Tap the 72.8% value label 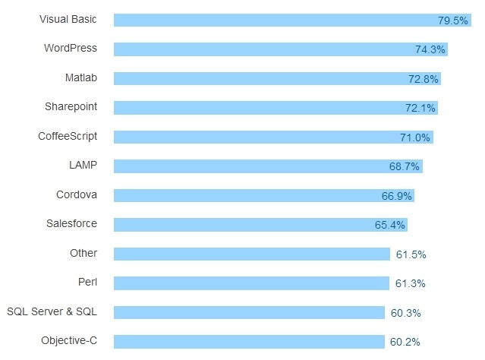point(422,79)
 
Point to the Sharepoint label point(71,106)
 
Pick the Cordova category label point(77,194)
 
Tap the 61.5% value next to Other point(411,254)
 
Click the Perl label point(87,282)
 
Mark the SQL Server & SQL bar point(249,312)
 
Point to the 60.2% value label point(405,342)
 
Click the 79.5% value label point(453,21)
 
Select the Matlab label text point(81,77)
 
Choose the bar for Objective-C point(249,342)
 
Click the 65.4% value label point(390,225)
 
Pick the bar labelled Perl point(251,283)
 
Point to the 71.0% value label point(415,137)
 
